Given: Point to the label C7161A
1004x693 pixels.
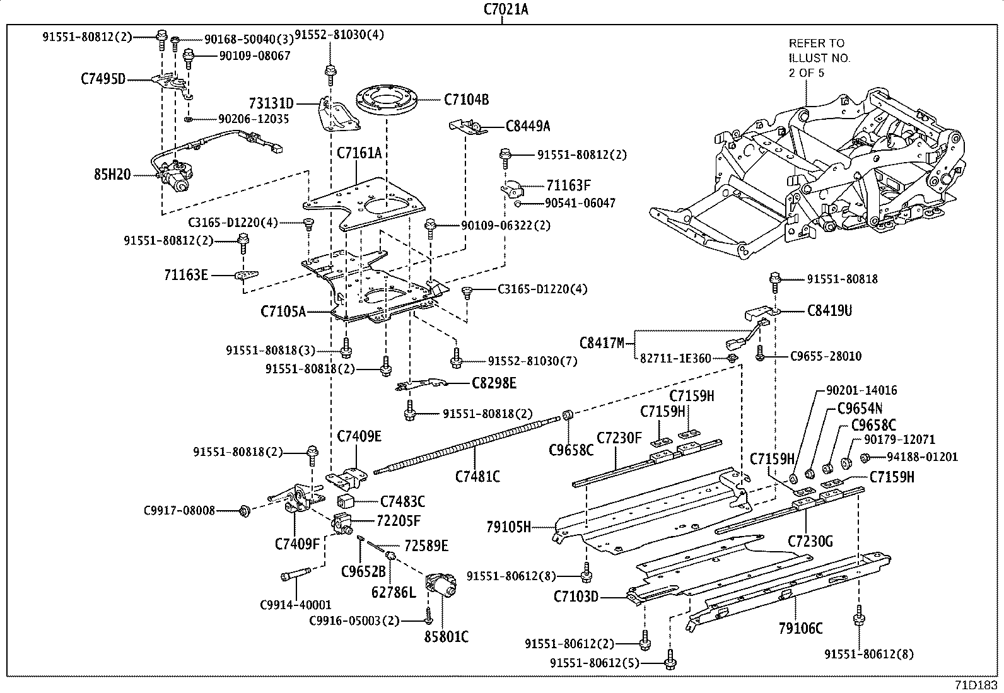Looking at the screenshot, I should point(359,153).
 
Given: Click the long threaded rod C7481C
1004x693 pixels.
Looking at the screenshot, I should point(467,448).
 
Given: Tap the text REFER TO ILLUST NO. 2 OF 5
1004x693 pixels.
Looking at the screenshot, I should point(819,57).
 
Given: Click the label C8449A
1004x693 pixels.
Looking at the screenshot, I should point(527,126).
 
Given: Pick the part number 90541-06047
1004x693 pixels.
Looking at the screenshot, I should point(580,203).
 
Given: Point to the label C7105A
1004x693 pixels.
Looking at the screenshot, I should point(283,312).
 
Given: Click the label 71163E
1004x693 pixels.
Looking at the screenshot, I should point(186,275).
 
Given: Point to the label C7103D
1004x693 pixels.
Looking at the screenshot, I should point(576,596).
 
